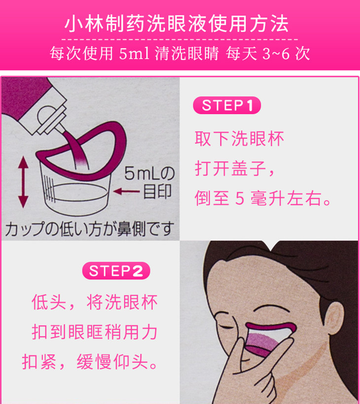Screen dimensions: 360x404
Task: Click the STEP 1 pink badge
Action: pyautogui.click(x=227, y=105)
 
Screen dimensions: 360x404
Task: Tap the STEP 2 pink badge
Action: pyautogui.click(x=116, y=271)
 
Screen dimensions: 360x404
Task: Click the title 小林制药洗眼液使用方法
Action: pyautogui.click(x=177, y=24)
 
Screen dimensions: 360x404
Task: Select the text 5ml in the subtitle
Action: pyautogui.click(x=134, y=54)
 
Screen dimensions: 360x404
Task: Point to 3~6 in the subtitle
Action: pyautogui.click(x=276, y=54)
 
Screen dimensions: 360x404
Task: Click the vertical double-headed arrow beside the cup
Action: pyautogui.click(x=23, y=182)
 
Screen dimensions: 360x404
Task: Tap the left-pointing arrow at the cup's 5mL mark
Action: pyautogui.click(x=126, y=191)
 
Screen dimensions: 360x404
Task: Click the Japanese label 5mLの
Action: pyautogui.click(x=149, y=173)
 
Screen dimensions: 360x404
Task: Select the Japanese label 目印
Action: pyautogui.click(x=157, y=192)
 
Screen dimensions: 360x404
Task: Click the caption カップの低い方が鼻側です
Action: pyautogui.click(x=89, y=229)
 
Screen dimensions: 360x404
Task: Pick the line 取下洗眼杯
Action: pyautogui.click(x=239, y=139)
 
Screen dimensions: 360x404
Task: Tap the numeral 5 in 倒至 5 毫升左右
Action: pyautogui.click(x=240, y=199)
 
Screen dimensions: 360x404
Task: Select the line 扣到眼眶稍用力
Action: pyautogui.click(x=94, y=332)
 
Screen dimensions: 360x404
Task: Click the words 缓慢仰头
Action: pyautogui.click(x=112, y=362)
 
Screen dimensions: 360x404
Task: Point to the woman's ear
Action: pyautogui.click(x=334, y=318)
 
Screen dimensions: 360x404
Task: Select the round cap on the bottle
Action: pyautogui.click(x=46, y=115)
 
